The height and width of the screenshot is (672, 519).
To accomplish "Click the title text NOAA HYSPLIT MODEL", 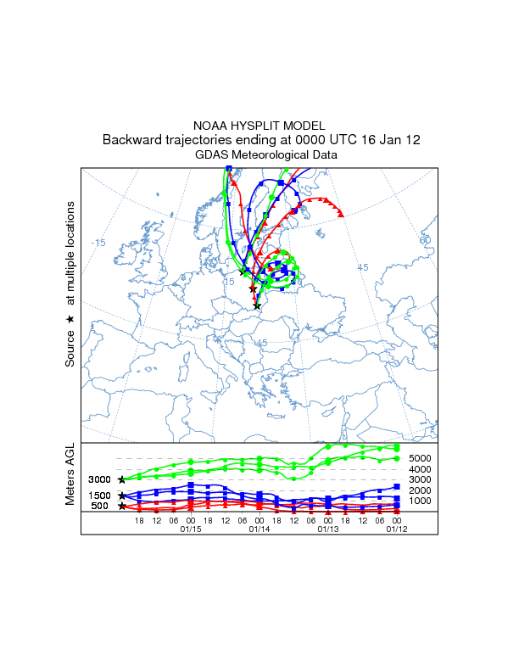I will tap(259, 126).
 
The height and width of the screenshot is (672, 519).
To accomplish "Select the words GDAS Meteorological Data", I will tap(266, 155).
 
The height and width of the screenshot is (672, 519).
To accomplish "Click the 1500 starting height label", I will tap(100, 496).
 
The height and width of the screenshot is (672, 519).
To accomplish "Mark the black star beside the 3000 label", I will tap(122, 479).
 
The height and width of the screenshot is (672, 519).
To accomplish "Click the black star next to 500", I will tap(122, 506).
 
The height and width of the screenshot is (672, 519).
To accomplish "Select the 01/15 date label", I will tap(191, 529).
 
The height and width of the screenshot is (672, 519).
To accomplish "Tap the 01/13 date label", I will tap(327, 529).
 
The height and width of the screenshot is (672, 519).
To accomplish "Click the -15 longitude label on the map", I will tap(98, 243).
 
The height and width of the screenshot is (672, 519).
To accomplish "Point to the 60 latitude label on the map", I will tap(425, 240).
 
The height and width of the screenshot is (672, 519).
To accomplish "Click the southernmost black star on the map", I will tap(258, 305).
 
